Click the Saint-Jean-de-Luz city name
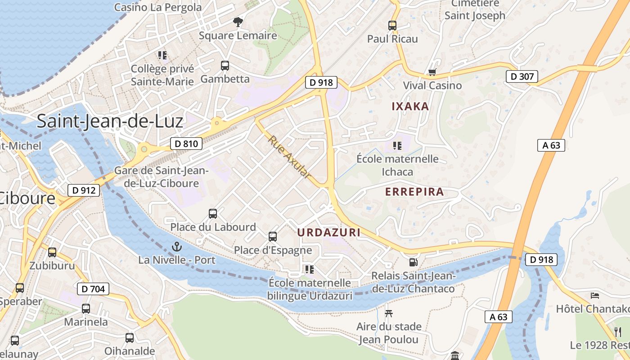point(110,121)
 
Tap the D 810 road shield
point(186,144)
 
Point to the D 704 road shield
point(93,289)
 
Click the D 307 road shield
point(522,76)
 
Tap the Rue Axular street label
point(290,157)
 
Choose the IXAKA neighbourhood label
point(410,107)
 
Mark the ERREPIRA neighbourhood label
point(414,192)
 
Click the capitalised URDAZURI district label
point(329,232)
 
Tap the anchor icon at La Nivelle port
point(177,247)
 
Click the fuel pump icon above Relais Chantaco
point(413,262)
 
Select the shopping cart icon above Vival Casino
point(432,72)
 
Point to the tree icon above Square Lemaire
point(238,22)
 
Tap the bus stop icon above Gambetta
point(225,66)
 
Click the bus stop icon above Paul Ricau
point(392,26)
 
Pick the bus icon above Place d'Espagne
point(273,237)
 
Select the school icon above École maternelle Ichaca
point(397,145)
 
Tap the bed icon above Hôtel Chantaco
point(595,296)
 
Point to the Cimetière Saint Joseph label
point(475,10)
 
